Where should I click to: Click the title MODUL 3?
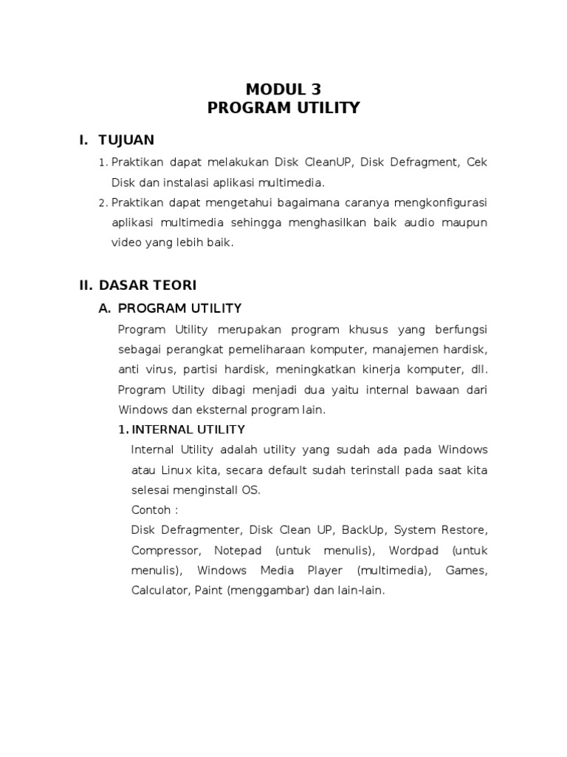[x=283, y=90]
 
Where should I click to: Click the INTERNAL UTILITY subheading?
[x=188, y=430]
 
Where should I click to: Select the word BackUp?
[x=362, y=530]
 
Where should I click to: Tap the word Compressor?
[x=165, y=551]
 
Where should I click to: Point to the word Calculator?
[x=160, y=591]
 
